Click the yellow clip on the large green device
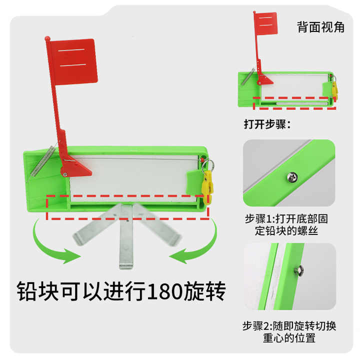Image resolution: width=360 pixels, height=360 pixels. pos(207,182)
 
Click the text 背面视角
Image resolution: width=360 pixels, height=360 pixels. pos(320,27)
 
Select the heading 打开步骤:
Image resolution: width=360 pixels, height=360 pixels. pos(267,124)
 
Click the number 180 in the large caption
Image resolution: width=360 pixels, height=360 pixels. pos(169,290)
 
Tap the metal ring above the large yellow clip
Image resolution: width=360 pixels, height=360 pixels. pos(208,163)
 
